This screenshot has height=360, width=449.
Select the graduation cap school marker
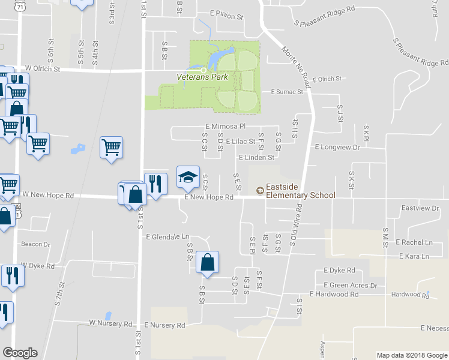click(188, 178)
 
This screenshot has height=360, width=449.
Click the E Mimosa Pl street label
click(226, 127)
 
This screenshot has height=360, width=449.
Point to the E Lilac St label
click(240, 142)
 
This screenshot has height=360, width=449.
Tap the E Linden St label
click(256, 157)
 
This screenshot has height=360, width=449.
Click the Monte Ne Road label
click(298, 61)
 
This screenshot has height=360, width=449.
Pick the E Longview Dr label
click(337, 146)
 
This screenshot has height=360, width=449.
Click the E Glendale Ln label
click(167, 237)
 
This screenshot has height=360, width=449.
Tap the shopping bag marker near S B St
click(207, 263)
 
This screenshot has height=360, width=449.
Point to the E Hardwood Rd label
click(334, 294)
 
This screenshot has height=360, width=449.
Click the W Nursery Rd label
click(110, 323)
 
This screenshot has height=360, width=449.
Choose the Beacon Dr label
click(35, 244)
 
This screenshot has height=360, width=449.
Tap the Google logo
click(20, 353)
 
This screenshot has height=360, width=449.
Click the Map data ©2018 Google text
click(412, 355)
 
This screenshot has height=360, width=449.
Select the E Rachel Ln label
click(414, 242)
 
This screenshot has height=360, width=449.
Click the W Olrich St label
click(43, 69)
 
